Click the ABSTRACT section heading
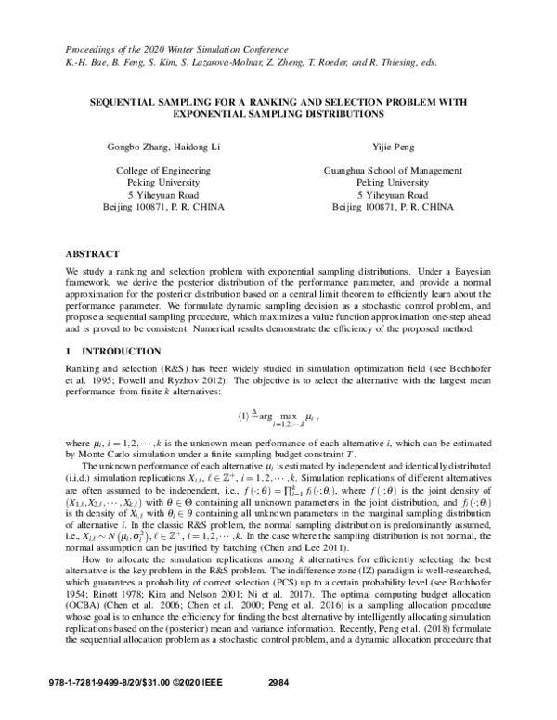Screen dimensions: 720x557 click(x=92, y=252)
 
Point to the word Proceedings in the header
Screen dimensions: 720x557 click(x=92, y=45)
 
